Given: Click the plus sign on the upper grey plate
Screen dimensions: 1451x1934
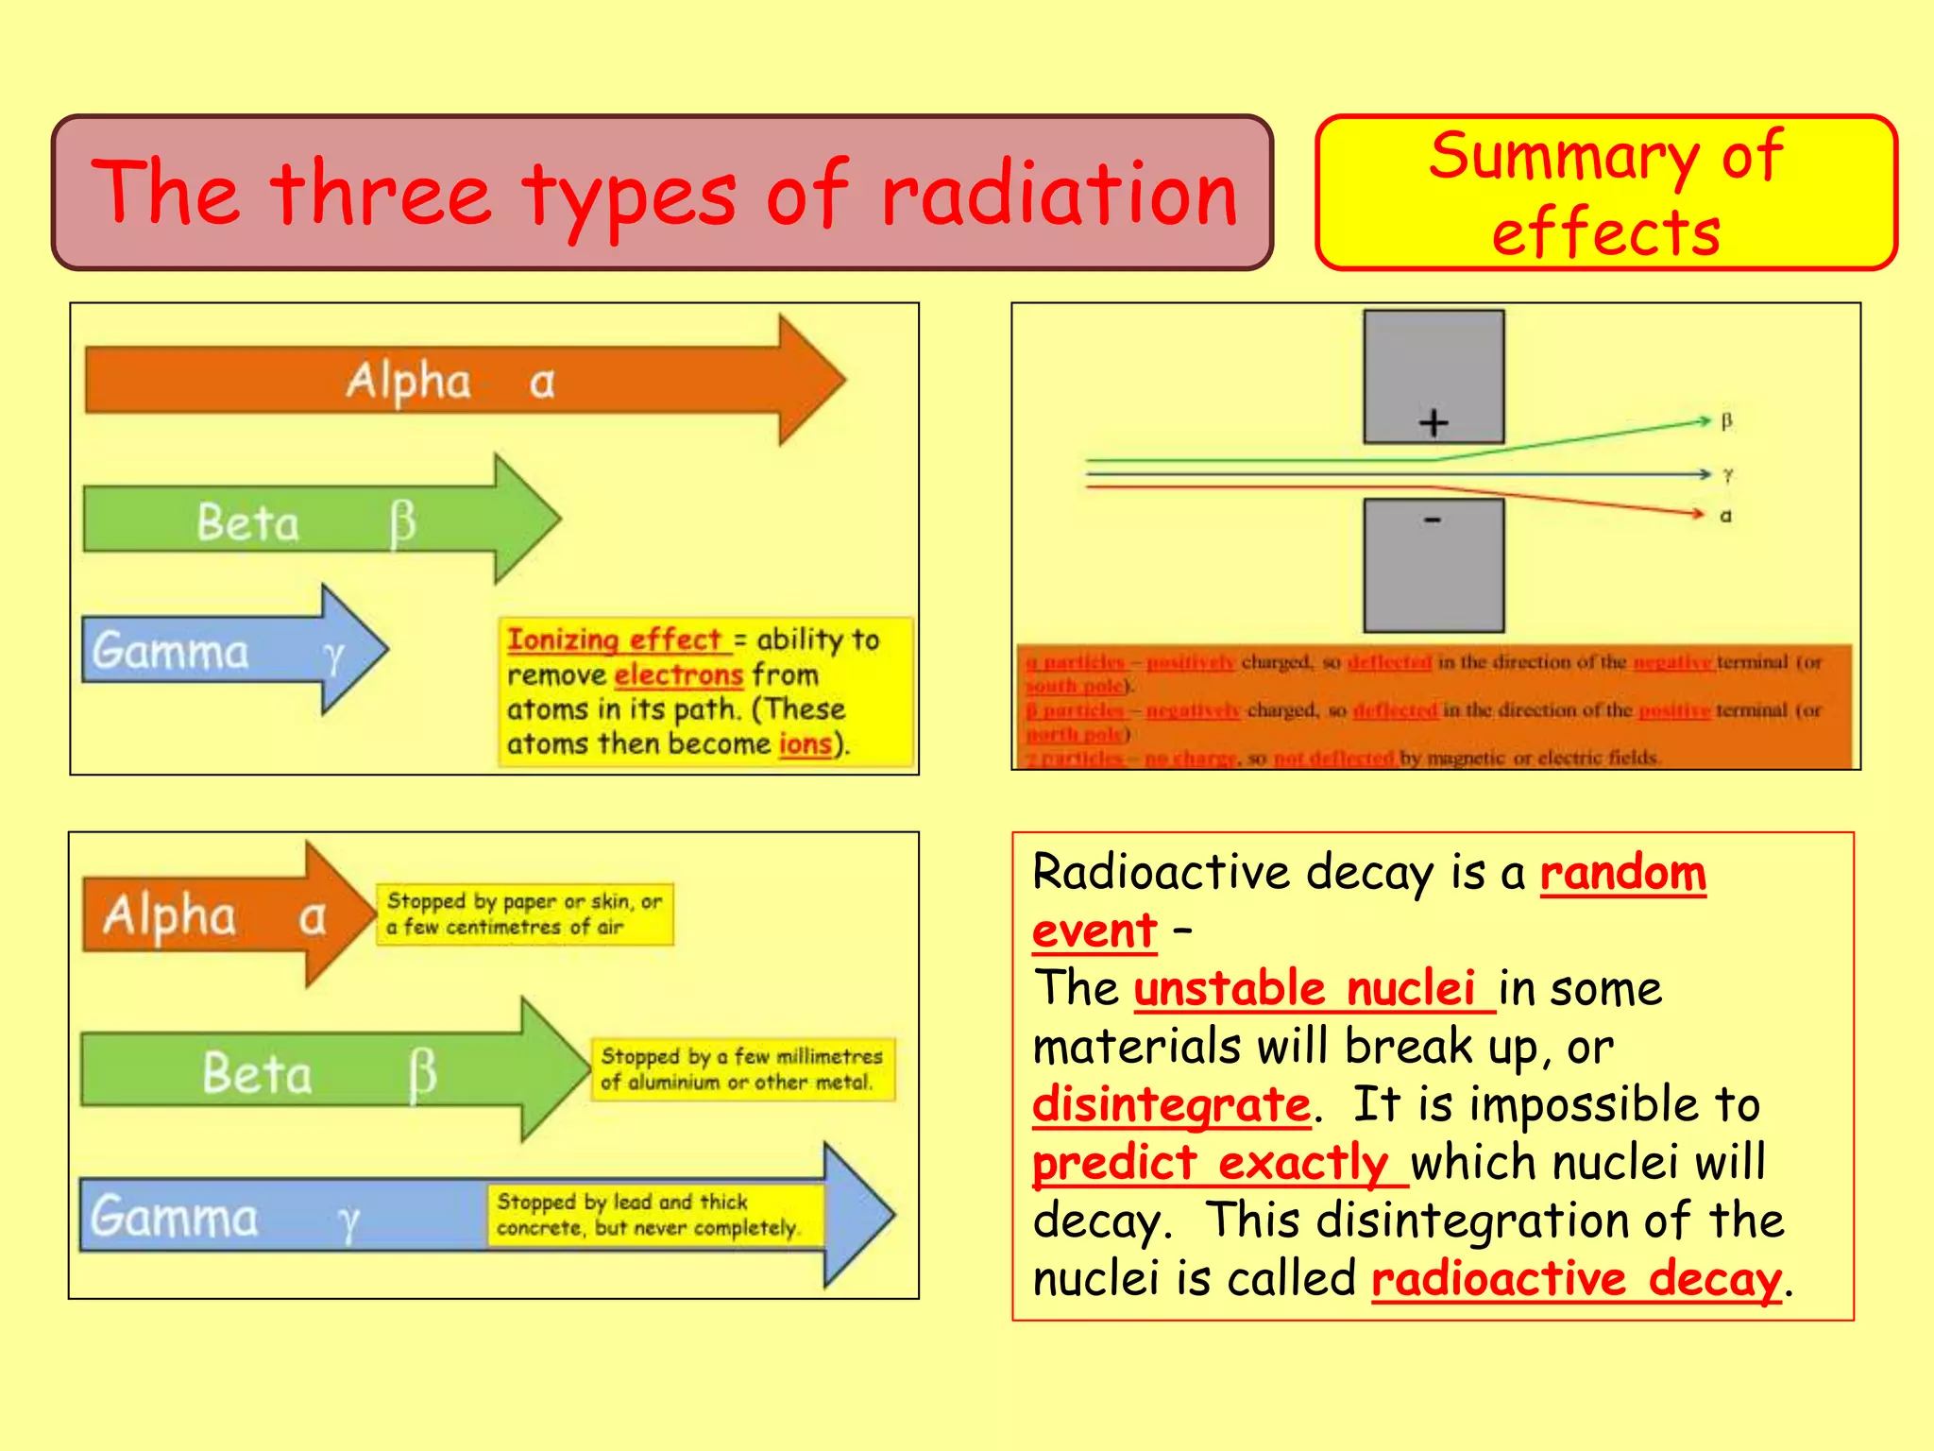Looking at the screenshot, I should pyautogui.click(x=1434, y=422).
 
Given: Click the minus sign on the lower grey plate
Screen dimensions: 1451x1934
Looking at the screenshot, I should pyautogui.click(x=1433, y=520).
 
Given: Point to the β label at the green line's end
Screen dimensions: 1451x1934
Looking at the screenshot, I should pyautogui.click(x=1726, y=421).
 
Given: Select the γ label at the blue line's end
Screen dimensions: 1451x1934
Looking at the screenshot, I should pyautogui.click(x=1727, y=475).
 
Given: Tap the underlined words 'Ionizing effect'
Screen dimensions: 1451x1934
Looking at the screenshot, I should pyautogui.click(x=615, y=640).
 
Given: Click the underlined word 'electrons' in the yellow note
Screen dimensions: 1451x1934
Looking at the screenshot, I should pyautogui.click(x=678, y=674).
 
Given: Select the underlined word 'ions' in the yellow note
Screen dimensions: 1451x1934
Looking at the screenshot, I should pyautogui.click(x=805, y=743).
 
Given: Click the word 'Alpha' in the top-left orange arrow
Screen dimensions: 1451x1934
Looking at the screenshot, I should pyautogui.click(x=408, y=381).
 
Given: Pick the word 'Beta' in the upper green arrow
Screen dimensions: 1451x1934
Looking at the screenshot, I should pyautogui.click(x=247, y=522).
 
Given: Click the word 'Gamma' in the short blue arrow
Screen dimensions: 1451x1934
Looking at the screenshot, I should pyautogui.click(x=171, y=651).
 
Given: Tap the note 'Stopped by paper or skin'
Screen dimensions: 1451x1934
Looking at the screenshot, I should pyautogui.click(x=524, y=913).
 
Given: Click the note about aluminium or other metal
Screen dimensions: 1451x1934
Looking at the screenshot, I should pyautogui.click(x=742, y=1068).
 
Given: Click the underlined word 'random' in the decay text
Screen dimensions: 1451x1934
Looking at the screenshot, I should pyautogui.click(x=1622, y=873).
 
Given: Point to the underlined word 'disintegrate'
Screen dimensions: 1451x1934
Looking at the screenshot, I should pyautogui.click(x=1171, y=1104).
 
